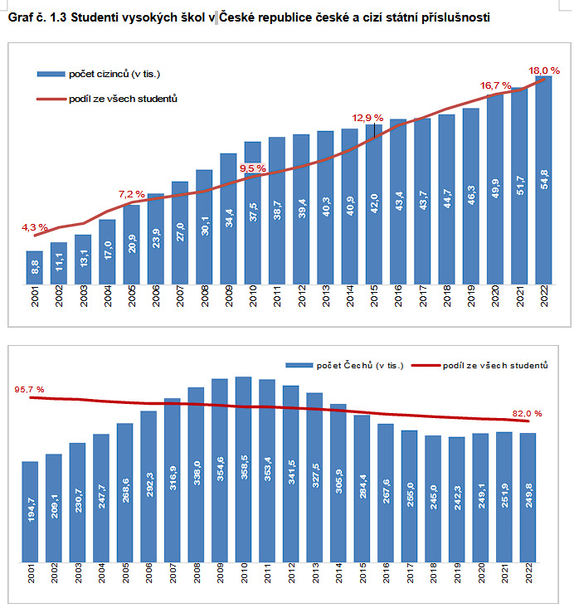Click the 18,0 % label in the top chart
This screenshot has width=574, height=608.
pos(544,71)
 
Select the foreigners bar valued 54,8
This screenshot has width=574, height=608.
pos(544,182)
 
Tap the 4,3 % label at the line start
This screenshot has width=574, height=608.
pos(35,226)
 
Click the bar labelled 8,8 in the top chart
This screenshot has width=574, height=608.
pos(35,266)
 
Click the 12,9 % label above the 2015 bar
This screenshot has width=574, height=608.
pos(368,118)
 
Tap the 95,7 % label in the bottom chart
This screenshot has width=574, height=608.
pos(29,389)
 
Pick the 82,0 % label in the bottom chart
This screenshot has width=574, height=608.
pos(527,413)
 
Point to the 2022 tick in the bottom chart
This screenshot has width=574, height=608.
pos(528,573)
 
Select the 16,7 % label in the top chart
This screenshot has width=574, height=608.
pos(495,85)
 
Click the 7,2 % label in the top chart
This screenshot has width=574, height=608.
pos(132,193)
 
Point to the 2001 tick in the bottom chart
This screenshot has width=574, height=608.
pos(31,573)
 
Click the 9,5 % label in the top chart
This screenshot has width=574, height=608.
pos(252,168)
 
